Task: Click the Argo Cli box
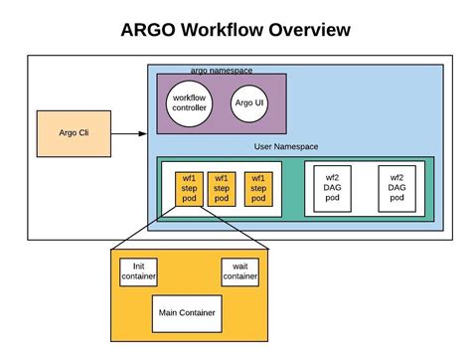click(x=74, y=133)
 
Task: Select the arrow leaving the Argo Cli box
click(x=128, y=133)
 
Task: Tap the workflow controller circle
click(x=189, y=103)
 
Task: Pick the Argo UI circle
click(x=249, y=103)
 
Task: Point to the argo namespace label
click(x=222, y=71)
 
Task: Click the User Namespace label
click(x=286, y=146)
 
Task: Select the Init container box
click(x=138, y=272)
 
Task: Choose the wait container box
click(x=240, y=272)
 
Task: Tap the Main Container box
click(x=187, y=313)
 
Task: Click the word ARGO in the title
click(x=148, y=30)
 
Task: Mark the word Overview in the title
click(x=310, y=30)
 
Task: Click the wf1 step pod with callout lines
click(x=189, y=189)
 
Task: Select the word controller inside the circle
click(x=189, y=107)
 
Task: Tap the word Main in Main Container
click(x=167, y=312)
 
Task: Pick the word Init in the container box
click(x=138, y=267)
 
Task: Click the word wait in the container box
click(x=240, y=267)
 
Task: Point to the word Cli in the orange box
click(x=83, y=133)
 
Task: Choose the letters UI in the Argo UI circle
click(x=259, y=102)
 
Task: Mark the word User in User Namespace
click(x=262, y=146)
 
